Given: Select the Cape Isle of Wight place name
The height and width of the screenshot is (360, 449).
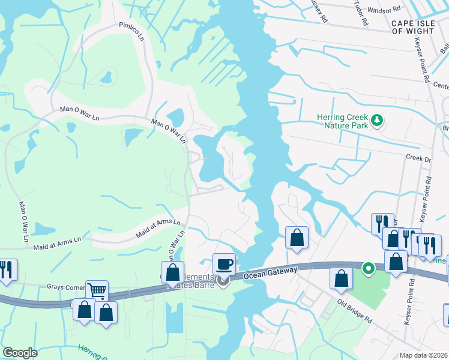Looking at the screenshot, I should tap(413, 26).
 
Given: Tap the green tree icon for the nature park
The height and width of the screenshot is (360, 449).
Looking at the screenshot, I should tap(377, 121).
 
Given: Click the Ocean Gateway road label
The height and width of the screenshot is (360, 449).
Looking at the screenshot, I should tap(271, 273).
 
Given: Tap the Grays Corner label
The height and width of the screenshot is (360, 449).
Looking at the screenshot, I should tap(64, 287).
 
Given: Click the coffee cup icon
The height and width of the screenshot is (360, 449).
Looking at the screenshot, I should tap(224, 264).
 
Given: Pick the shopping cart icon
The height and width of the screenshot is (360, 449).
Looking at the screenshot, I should tap(97, 291).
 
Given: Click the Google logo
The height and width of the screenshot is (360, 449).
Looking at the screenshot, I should tap(20, 353).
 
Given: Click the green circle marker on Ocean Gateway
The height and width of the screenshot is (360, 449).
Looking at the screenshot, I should tap(369, 268).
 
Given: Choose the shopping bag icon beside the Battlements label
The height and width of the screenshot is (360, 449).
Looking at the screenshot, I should tap(172, 272).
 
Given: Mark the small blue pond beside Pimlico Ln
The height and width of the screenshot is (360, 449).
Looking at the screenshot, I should tap(106, 77).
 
